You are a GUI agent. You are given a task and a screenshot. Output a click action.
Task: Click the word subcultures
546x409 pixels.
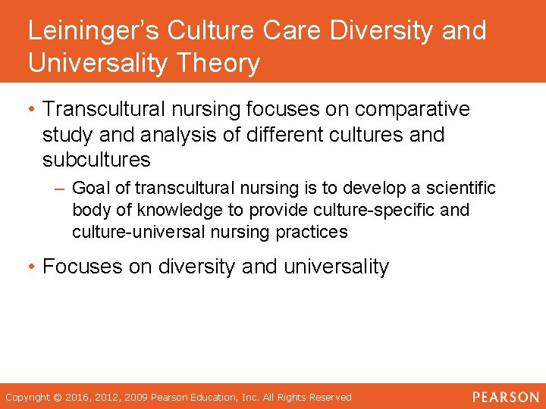(96, 161)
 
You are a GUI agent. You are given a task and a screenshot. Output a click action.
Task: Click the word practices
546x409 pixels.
(312, 232)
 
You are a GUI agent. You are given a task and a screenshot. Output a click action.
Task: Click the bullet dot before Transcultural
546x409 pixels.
(31, 109)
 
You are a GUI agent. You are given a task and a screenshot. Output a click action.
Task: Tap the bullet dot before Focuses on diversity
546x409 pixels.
(31, 267)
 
